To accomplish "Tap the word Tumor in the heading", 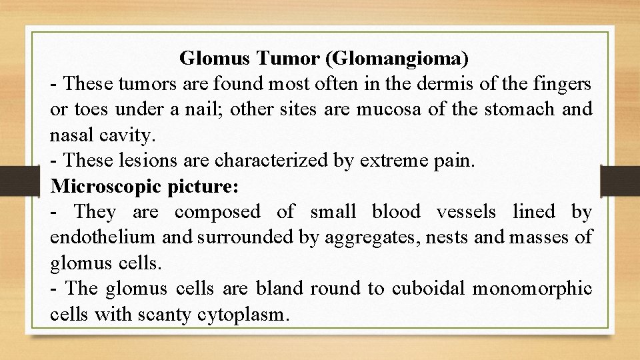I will coord(289,59).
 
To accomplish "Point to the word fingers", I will coord(561,85).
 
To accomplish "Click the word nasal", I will coord(71,135).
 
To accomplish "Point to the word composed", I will coord(217,212).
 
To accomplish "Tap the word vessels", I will coord(466,212).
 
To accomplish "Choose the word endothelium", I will coord(101,237).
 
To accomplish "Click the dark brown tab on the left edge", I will coord(12,180).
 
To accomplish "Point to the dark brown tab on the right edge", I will coord(620,180).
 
